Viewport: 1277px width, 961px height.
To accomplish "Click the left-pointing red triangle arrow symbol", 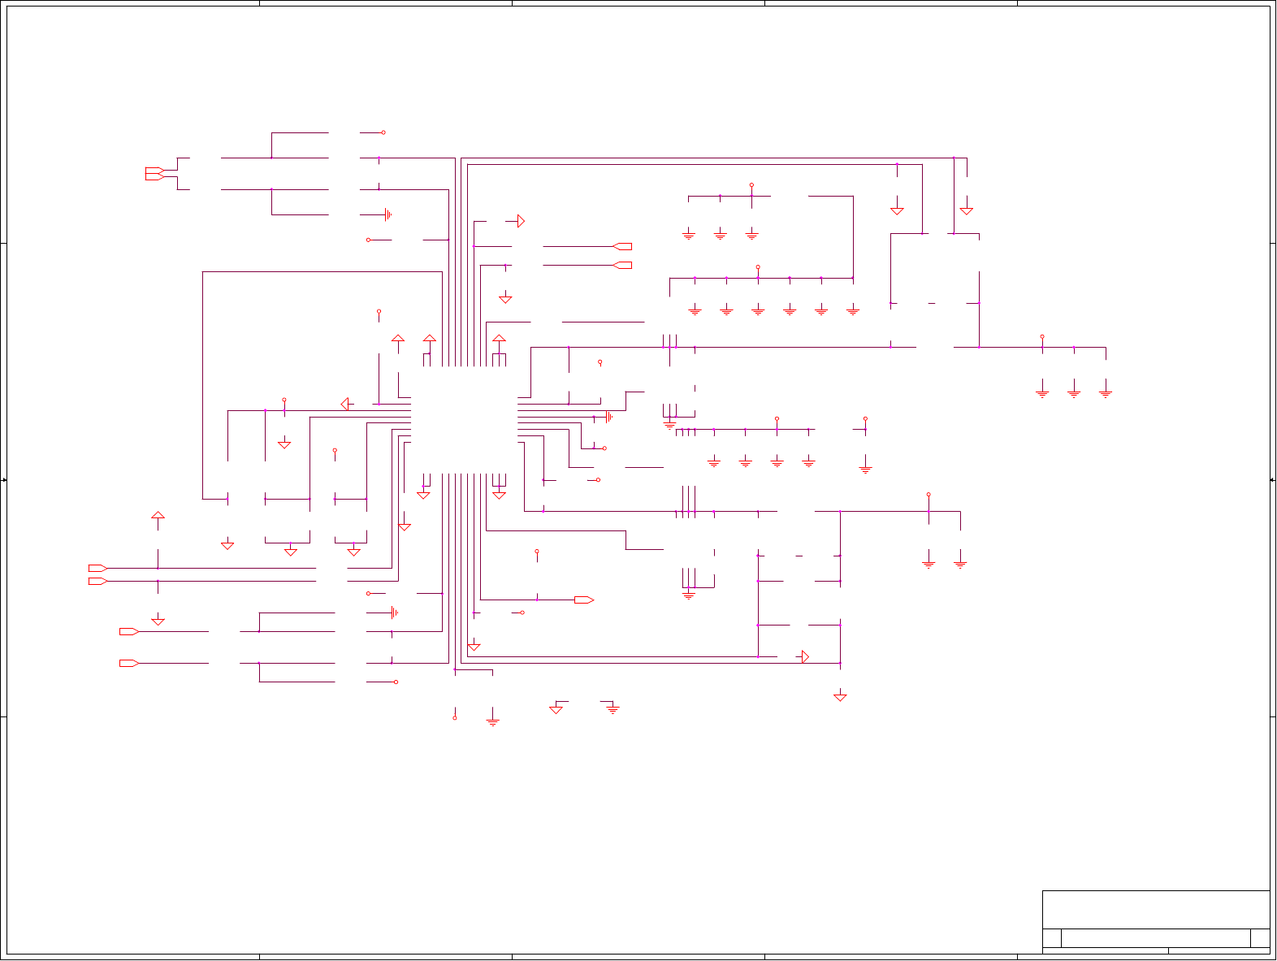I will coord(345,404).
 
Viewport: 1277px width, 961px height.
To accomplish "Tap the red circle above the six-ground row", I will coord(758,266).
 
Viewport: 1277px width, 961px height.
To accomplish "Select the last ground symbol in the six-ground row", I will coord(852,310).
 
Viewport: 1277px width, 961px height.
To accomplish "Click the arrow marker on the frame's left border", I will coord(4,480).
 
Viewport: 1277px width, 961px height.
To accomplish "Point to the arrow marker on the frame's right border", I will coord(1272,480).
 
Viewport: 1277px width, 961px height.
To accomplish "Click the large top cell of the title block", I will coord(1155,909).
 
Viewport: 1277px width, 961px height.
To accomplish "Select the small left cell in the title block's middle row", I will coord(1051,937).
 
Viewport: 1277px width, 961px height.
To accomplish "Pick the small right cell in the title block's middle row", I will coord(1260,937).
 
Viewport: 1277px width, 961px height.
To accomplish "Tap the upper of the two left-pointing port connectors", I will coord(622,246).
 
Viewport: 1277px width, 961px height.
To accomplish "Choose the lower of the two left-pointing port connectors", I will coord(622,266).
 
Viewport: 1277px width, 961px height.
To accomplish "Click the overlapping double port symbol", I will coord(154,173).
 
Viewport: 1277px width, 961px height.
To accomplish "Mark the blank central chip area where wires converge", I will coord(464,419).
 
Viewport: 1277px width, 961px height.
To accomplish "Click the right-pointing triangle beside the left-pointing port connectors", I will coord(521,221).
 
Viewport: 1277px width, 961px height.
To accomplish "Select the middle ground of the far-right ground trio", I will coord(1074,393).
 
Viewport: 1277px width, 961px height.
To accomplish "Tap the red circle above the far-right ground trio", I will coord(1042,336).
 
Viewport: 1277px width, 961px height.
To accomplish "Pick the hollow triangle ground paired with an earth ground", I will coord(556,708).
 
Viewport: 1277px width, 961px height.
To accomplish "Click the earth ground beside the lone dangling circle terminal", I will coord(492,721).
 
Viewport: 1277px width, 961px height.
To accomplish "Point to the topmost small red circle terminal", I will coord(383,132).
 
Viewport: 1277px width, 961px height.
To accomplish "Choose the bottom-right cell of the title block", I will coord(1219,950).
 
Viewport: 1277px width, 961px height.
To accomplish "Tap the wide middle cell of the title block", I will coord(1155,937).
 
